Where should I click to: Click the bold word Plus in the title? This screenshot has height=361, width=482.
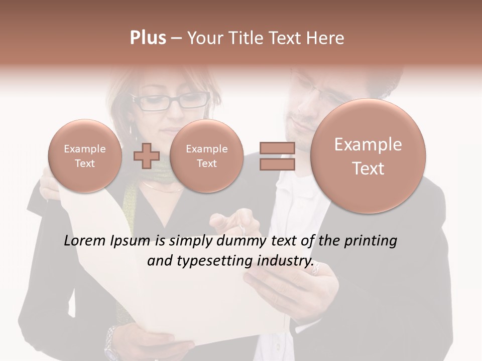148,38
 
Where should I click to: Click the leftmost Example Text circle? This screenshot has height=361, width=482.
85,156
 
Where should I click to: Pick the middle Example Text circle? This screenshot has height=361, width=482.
206,156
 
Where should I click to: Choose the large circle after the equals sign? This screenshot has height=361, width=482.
368,156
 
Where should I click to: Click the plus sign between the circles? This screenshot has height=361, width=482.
146,155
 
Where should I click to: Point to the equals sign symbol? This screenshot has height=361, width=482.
277,155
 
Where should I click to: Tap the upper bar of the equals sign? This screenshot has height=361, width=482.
277,148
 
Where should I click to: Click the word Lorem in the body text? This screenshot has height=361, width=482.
84,241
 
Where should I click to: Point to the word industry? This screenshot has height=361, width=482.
285,261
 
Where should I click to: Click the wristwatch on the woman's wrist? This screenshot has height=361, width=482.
111,341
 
